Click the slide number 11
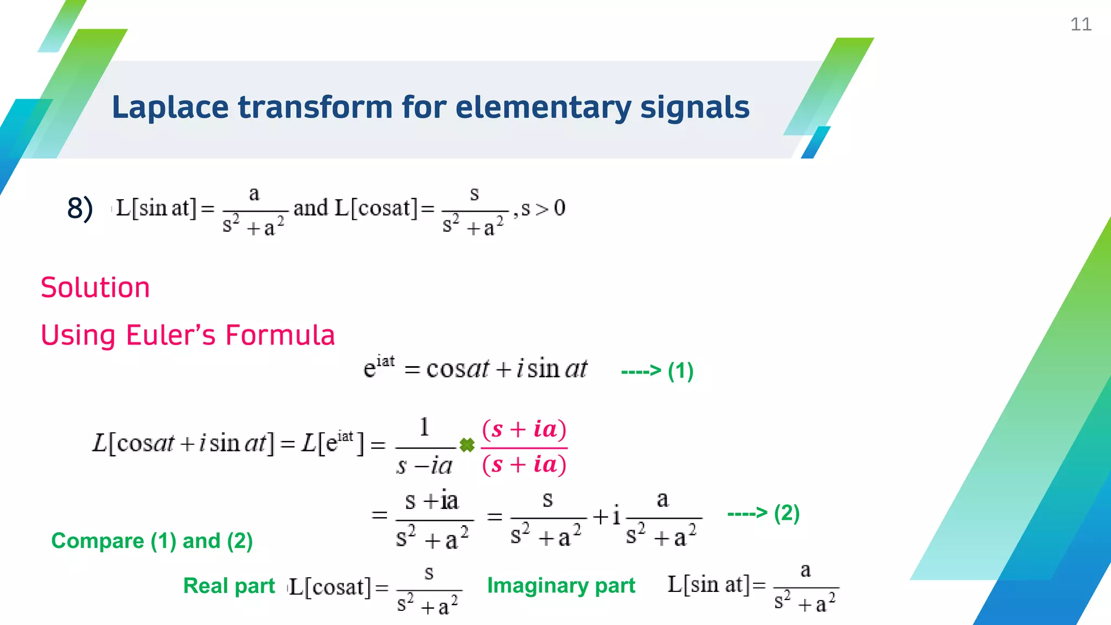point(1080,24)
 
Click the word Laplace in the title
point(170,107)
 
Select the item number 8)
point(80,209)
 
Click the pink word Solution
point(95,288)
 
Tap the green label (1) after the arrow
point(680,371)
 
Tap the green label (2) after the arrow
point(787,513)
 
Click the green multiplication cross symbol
point(467,445)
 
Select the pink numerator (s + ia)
point(524,429)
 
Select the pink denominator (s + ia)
point(524,464)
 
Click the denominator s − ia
point(424,466)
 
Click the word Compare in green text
point(98,541)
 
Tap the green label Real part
point(229,586)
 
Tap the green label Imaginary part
point(561,586)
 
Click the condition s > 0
point(543,208)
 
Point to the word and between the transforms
point(311,208)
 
